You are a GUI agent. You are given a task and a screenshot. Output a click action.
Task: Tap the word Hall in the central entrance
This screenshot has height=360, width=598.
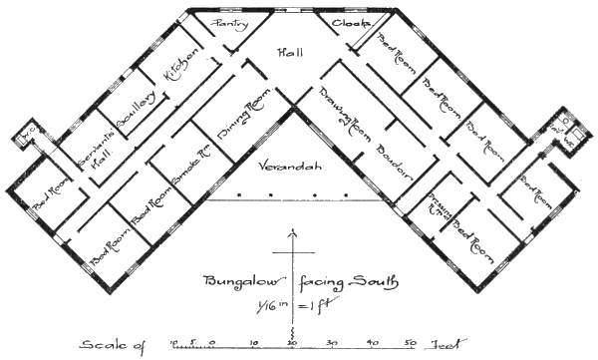pos(292,53)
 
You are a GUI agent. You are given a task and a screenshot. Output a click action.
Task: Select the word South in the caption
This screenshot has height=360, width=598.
pos(374,282)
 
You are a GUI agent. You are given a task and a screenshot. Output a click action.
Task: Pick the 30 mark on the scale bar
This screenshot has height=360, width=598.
pos(333,341)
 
